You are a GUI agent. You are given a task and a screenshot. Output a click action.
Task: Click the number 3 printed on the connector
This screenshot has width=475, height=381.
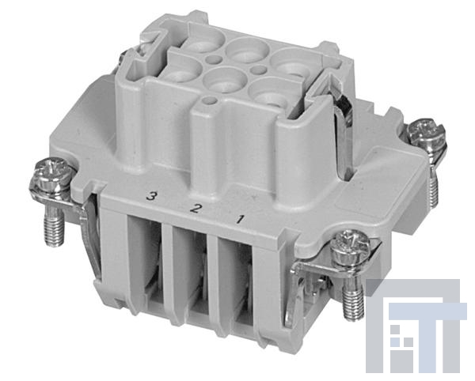tap(151, 196)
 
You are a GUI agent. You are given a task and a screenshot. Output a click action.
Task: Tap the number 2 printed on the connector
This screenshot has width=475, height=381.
tap(196, 208)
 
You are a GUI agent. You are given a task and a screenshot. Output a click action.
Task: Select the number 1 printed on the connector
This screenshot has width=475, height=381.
tap(239, 219)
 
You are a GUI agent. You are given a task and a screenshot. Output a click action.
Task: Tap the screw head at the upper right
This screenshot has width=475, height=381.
tap(426, 131)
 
